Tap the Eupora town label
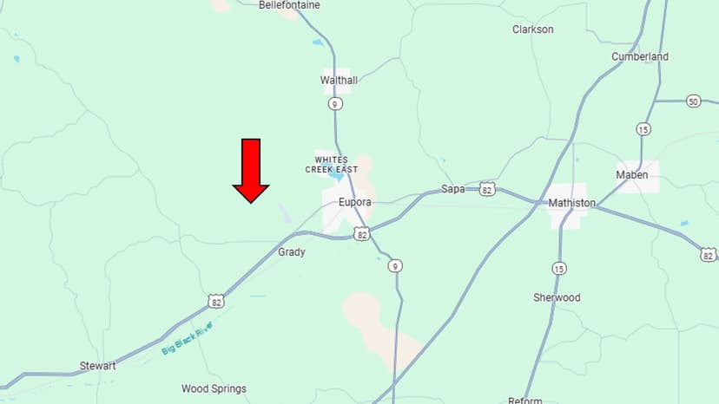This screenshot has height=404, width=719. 354,202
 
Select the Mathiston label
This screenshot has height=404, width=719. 571,203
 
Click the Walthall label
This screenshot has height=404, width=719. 339,81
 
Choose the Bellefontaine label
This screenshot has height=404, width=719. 289,5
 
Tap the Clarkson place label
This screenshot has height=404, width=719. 532,29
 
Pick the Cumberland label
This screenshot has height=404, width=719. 640,57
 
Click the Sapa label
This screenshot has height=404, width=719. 453,189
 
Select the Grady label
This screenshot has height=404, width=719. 291,252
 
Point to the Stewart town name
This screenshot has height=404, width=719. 97,366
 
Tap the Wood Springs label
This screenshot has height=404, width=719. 214,388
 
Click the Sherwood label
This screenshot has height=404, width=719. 557,297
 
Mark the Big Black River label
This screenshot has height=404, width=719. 187,338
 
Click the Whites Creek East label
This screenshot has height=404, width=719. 336,165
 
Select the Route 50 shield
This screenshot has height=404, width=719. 693,101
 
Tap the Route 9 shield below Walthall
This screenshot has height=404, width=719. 336,104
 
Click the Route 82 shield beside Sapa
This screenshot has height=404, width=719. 487,188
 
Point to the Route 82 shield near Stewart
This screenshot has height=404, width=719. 215,301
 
